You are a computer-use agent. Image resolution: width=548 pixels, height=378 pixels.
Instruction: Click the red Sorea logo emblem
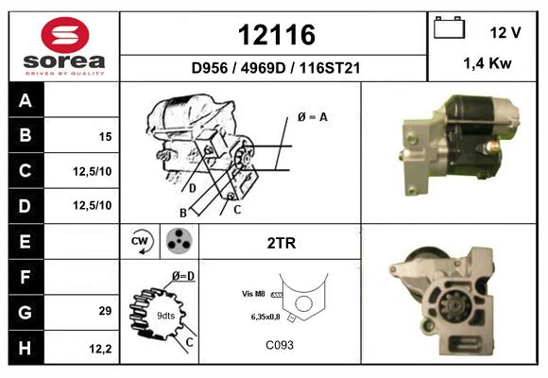(x=65, y=35)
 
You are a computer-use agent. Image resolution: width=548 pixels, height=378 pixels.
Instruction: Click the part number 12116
(x=277, y=35)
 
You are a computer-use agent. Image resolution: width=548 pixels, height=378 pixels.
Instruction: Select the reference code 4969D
(x=263, y=68)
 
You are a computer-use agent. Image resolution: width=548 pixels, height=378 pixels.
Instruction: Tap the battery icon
(x=449, y=27)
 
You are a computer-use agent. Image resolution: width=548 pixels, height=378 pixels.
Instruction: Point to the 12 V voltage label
(x=505, y=32)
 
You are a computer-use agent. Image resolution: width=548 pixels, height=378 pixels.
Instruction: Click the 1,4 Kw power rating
(x=488, y=63)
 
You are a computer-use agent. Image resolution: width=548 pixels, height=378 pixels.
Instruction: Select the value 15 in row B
(x=105, y=136)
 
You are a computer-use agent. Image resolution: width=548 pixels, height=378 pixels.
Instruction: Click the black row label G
(x=26, y=312)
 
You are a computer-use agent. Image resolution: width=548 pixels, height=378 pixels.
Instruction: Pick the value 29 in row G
(x=105, y=311)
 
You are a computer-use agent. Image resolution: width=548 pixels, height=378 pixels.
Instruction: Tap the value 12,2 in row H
(x=100, y=349)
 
